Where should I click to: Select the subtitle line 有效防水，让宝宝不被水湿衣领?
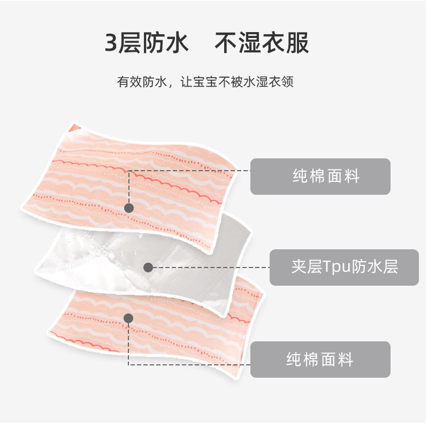205,83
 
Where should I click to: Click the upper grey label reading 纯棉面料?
320,176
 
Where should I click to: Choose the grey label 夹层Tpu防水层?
343,267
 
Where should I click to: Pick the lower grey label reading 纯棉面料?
320,359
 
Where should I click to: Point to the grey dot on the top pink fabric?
128,208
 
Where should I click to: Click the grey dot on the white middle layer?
148,267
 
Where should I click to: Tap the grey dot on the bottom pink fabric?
128,318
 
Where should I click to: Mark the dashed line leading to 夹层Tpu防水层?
209,267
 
